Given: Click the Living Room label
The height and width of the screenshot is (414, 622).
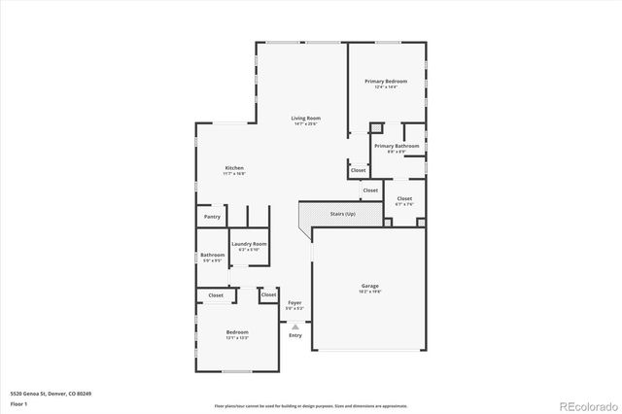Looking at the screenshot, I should click(305, 119).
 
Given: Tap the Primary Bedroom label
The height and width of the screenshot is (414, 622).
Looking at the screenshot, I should click(386, 81).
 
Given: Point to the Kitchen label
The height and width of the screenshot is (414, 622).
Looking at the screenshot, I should click(235, 168).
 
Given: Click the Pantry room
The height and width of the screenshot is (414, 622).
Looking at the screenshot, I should click(212, 217).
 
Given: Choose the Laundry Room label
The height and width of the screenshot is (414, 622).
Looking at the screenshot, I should click(249, 244).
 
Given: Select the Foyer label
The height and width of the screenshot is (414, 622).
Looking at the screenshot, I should click(294, 303).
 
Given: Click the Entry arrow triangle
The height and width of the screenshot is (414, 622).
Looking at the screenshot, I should click(294, 328).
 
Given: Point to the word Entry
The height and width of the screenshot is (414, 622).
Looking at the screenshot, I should click(294, 335).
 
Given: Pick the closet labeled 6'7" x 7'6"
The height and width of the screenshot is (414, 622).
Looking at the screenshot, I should click(404, 200).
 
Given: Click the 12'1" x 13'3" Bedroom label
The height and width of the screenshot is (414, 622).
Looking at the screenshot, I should click(237, 334).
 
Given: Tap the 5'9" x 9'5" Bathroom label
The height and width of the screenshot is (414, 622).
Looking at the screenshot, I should click(212, 257).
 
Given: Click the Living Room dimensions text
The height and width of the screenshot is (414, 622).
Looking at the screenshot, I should click(305, 124).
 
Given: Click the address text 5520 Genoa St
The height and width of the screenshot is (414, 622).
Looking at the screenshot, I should click(51, 393).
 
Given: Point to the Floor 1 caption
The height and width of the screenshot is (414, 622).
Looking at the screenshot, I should click(18, 402).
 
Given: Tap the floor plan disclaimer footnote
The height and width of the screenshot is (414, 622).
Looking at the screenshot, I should click(311, 405).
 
